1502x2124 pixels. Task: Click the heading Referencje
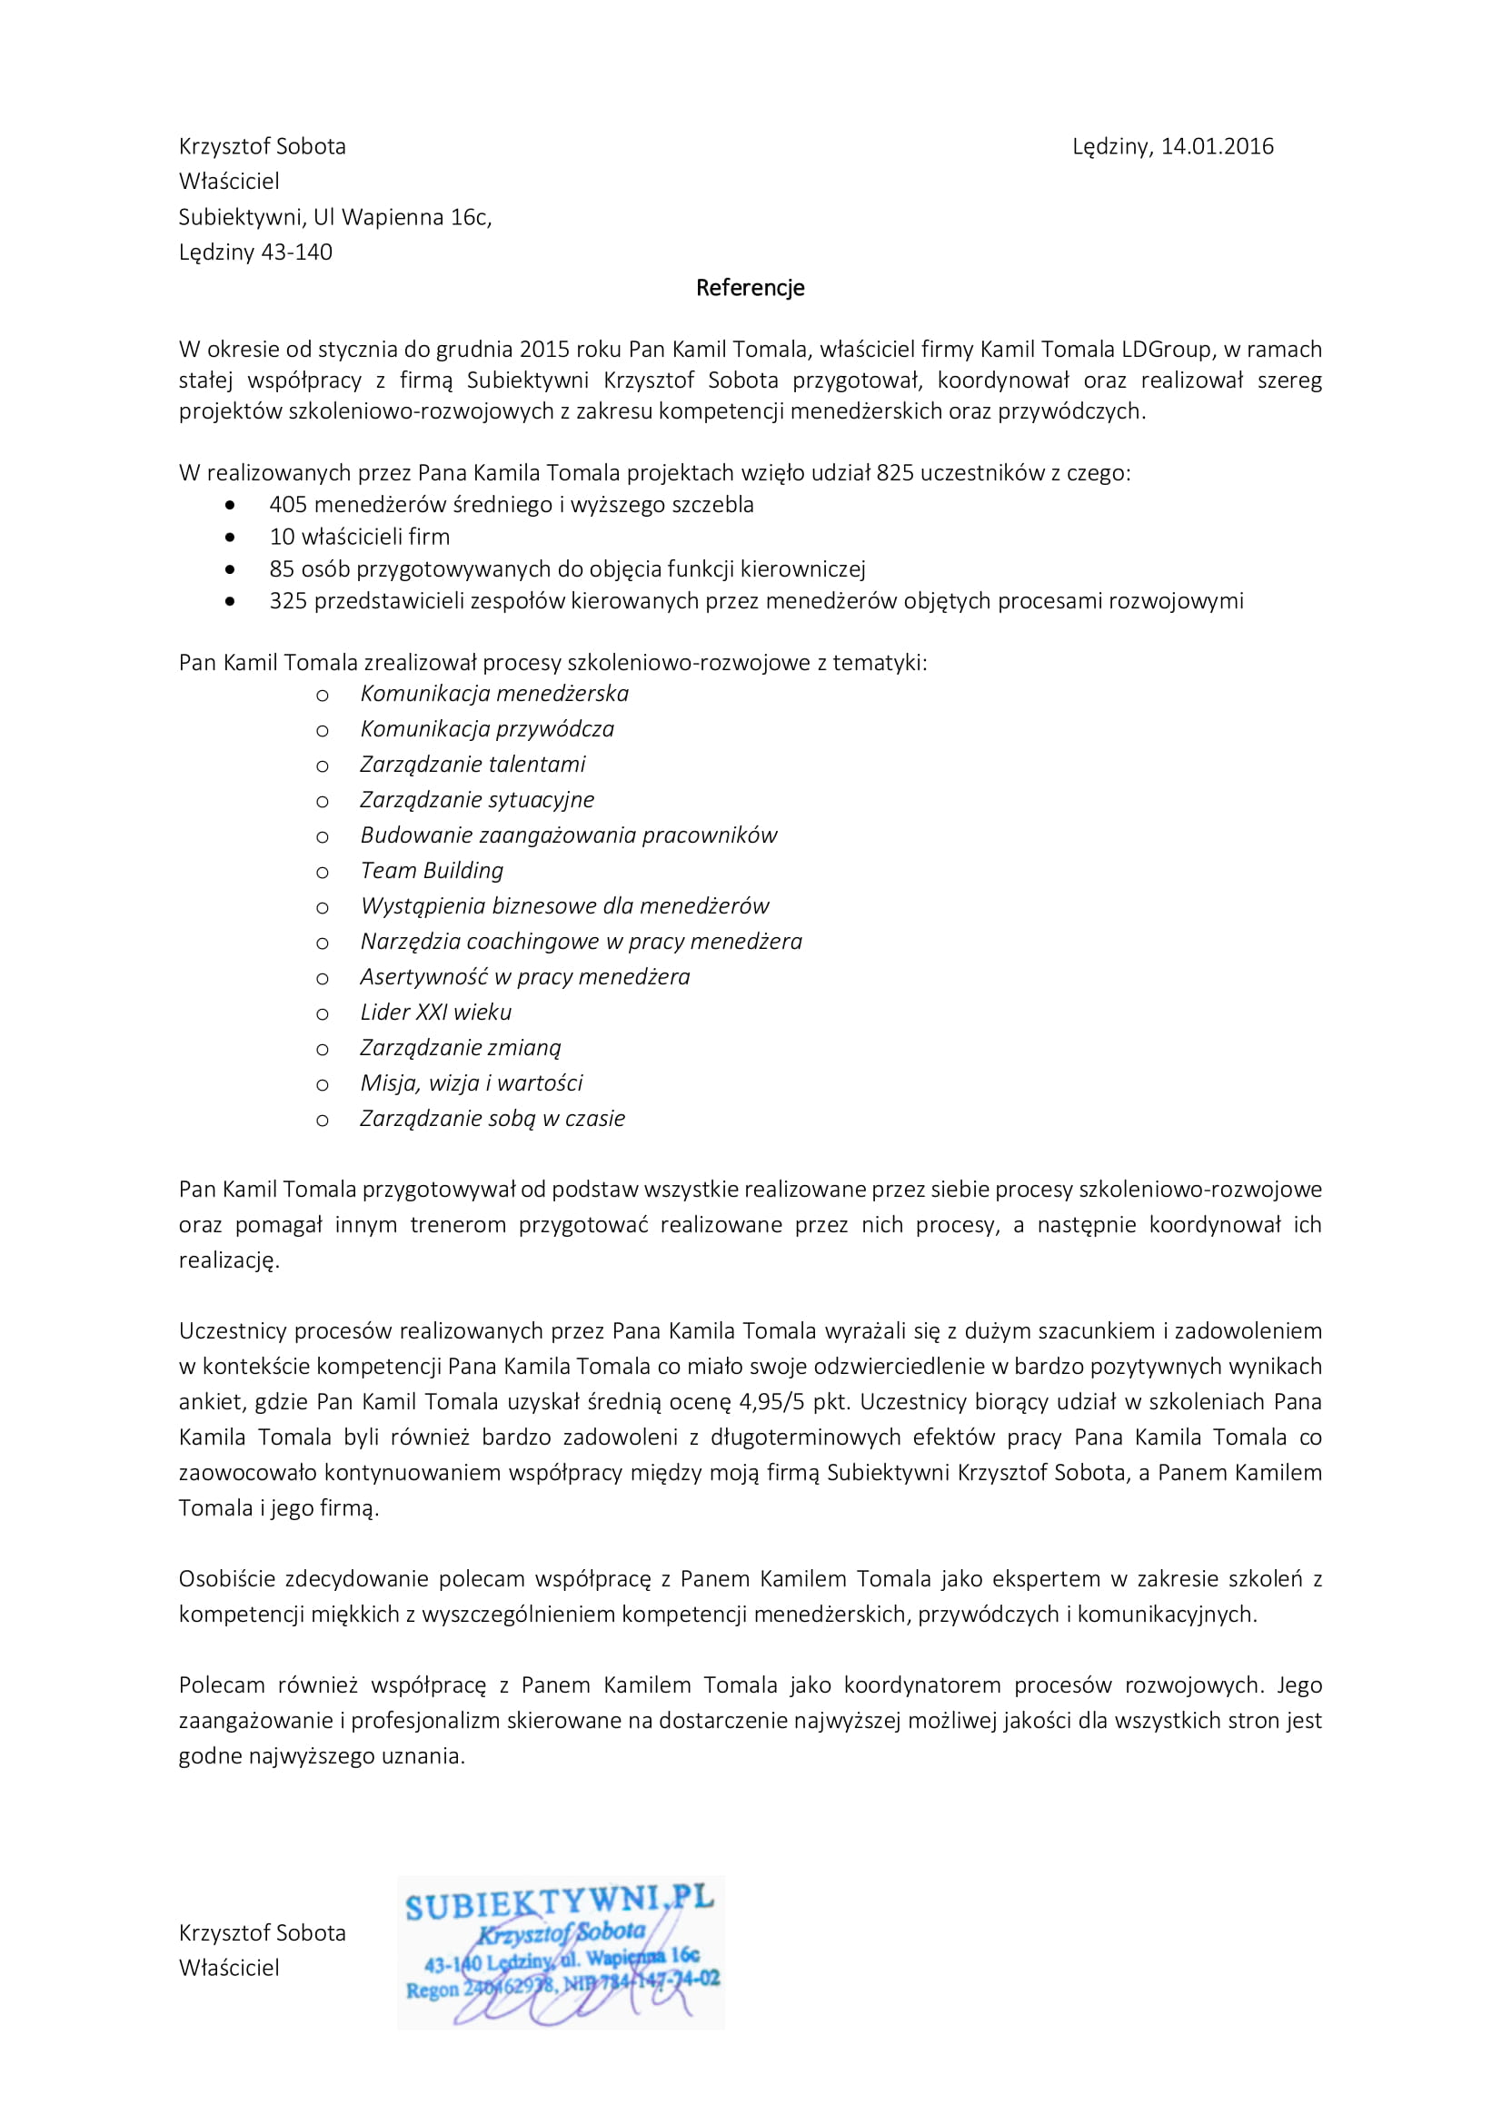pos(750,288)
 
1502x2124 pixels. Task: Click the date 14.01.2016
pos(1217,146)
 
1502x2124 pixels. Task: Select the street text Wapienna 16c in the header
pos(414,217)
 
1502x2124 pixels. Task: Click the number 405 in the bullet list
pos(288,505)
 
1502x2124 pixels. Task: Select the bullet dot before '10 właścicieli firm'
pos(230,538)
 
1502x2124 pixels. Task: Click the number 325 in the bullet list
pos(288,601)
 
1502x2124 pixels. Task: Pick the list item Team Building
pos(432,871)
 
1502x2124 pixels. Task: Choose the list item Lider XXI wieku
pos(435,1012)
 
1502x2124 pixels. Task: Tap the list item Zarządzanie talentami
pos(472,764)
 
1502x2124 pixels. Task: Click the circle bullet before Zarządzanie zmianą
pos(322,1050)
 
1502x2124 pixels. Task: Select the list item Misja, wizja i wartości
pos(471,1083)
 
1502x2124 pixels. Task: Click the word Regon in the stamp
pos(433,1989)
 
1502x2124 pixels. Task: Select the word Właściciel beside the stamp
pos(229,1968)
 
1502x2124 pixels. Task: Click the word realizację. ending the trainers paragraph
pos(229,1260)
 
